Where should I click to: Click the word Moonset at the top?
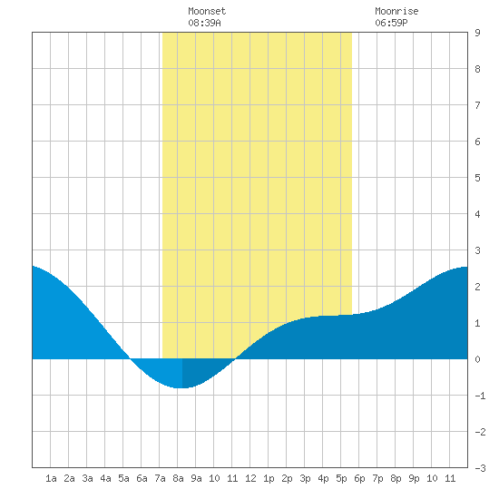click(207, 11)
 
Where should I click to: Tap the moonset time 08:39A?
click(204, 23)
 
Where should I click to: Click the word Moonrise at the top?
click(396, 11)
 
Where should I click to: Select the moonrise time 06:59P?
click(391, 23)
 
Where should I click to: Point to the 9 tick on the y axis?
click(477, 33)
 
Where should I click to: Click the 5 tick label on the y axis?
click(477, 178)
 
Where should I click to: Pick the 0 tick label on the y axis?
click(477, 359)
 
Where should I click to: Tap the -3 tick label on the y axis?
click(480, 468)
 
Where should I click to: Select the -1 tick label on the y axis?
click(480, 396)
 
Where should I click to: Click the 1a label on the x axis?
click(51, 478)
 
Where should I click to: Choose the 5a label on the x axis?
click(123, 478)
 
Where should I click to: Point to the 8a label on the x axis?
click(178, 478)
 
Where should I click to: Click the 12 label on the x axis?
click(250, 478)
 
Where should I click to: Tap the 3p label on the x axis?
click(305, 478)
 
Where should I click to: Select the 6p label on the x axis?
click(359, 478)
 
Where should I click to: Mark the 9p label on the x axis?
click(414, 478)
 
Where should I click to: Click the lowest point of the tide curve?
click(181, 388)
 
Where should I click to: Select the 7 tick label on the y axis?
click(477, 105)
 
